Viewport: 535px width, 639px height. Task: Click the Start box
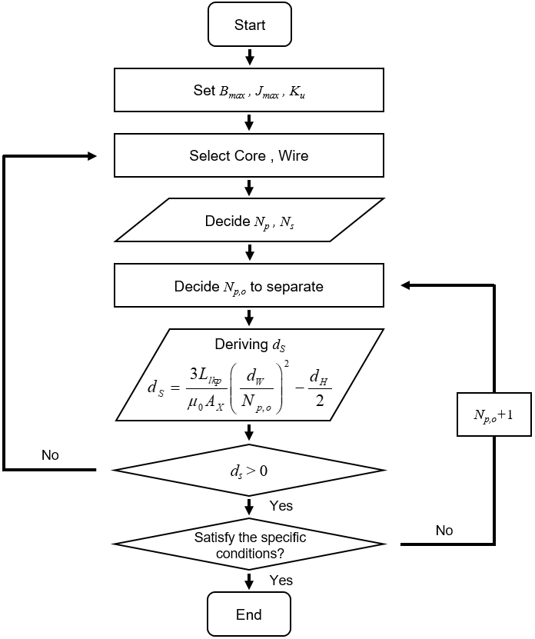pos(249,25)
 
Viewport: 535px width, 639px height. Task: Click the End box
pos(249,614)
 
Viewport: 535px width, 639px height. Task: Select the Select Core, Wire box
pos(249,155)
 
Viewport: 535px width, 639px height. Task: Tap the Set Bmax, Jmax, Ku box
pos(249,90)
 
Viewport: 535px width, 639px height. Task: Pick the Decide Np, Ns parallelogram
pos(249,221)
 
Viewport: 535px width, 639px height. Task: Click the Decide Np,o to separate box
pos(249,286)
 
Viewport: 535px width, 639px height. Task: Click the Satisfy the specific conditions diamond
pos(249,544)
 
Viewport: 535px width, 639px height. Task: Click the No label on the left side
pos(50,455)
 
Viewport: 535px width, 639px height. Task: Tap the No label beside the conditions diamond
pos(444,531)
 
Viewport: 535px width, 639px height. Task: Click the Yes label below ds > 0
pos(281,506)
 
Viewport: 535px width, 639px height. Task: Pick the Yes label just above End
pos(281,581)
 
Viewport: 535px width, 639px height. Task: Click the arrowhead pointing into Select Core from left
pos(92,156)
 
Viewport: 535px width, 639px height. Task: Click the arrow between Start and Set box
pos(249,57)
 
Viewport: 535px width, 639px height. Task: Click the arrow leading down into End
pos(249,582)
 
